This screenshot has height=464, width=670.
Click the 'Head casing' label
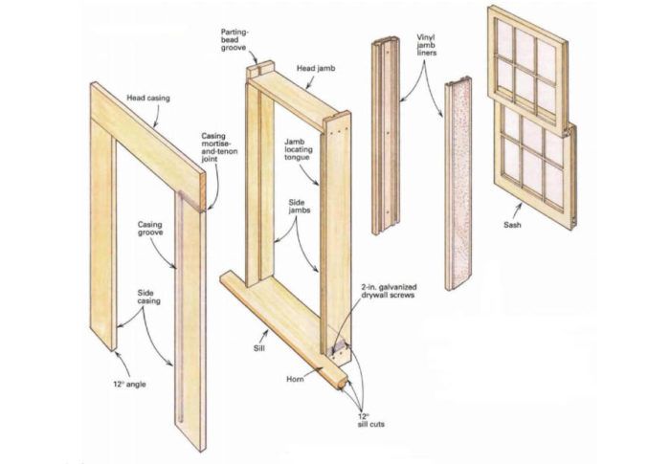[x=147, y=98]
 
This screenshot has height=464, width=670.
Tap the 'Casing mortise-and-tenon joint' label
[x=219, y=147]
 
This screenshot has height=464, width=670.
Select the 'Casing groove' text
[x=150, y=228]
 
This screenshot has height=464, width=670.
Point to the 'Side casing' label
[x=148, y=297]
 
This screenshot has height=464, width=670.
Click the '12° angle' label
[x=129, y=384]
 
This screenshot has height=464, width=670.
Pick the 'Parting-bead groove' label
[x=234, y=40]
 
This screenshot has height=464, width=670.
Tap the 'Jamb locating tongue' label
[x=299, y=149]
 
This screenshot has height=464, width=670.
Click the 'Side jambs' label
[x=299, y=206]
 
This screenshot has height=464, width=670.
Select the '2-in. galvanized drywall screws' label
[x=389, y=291]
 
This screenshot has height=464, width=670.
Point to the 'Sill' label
[x=259, y=348]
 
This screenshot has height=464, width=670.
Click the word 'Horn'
[x=295, y=379]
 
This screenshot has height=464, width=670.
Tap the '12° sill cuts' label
[x=371, y=420]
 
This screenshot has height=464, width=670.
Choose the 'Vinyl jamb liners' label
[x=427, y=45]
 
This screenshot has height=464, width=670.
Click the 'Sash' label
[x=512, y=224]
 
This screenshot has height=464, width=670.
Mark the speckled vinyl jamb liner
[x=458, y=184]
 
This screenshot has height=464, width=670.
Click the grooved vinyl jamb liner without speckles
[x=385, y=136]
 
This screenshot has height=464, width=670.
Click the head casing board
[x=147, y=139]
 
